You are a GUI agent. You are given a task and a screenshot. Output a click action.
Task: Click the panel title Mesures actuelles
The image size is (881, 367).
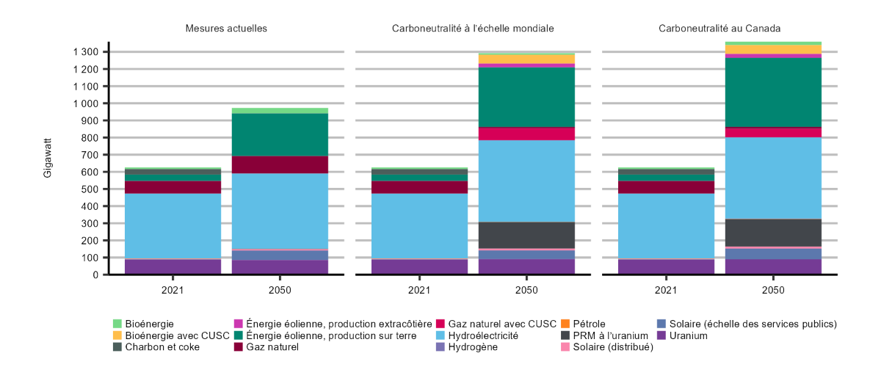(225, 28)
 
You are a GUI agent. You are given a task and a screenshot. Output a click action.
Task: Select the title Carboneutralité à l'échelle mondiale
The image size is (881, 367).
(472, 28)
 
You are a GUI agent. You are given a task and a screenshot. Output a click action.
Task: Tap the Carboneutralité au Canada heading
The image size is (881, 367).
(719, 28)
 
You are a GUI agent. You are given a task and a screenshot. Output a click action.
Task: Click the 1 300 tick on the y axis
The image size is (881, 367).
(86, 52)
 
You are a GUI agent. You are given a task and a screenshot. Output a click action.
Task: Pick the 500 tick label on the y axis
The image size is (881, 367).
(92, 189)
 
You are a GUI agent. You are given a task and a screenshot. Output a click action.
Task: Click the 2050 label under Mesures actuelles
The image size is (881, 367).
(280, 290)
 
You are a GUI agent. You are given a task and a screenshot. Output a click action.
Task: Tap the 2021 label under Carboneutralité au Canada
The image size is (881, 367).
(666, 290)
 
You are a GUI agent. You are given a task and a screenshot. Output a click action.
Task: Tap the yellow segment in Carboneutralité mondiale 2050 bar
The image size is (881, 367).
(526, 59)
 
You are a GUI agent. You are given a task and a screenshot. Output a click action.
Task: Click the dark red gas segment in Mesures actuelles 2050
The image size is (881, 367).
(280, 164)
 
